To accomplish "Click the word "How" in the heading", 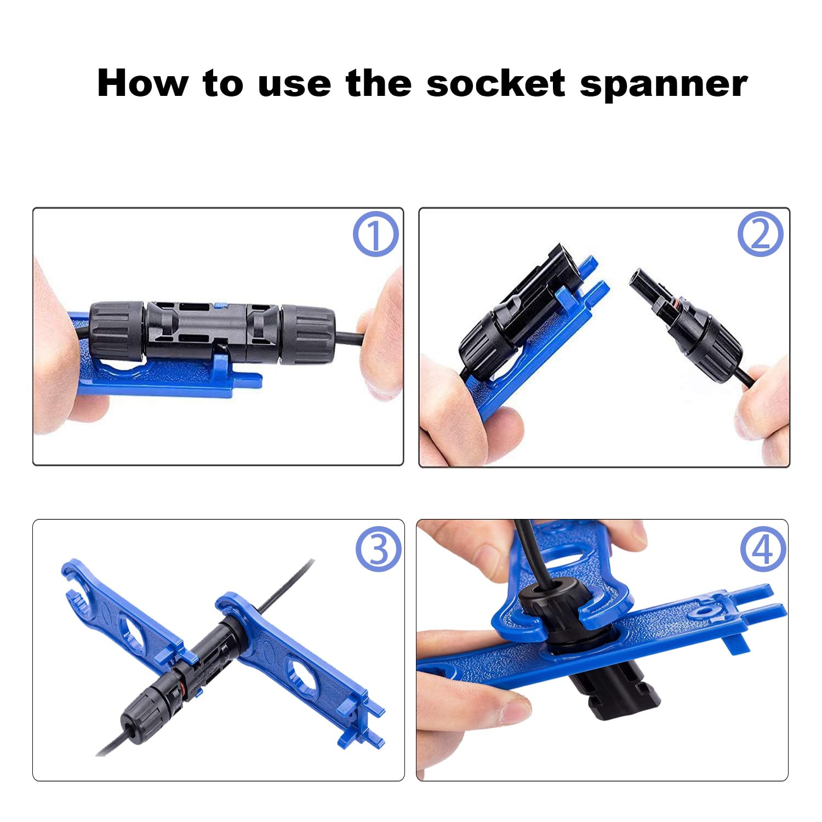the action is coord(142,83).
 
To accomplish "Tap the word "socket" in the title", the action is coord(495,83).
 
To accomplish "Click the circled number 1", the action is coord(375,234).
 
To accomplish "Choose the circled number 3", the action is coord(379,549).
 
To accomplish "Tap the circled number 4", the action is coord(763,549).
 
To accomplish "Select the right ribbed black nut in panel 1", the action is coord(307,335).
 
